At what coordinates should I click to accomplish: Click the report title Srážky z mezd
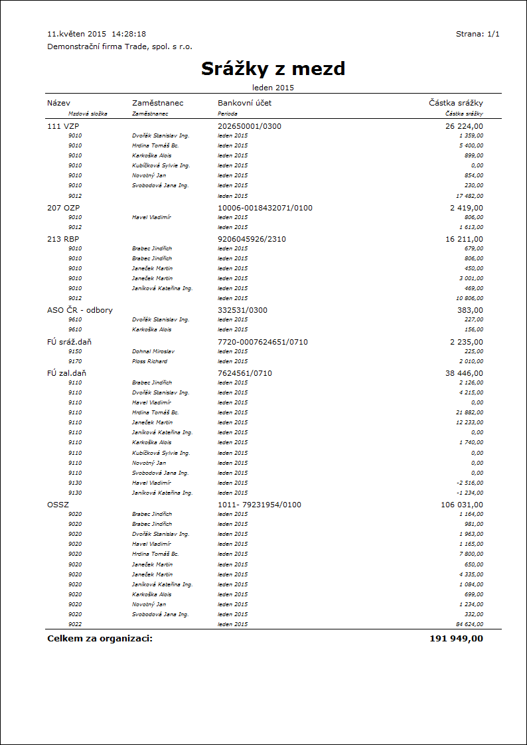point(273,69)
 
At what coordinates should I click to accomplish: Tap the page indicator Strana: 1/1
point(477,34)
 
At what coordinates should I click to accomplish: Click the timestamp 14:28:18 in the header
point(129,34)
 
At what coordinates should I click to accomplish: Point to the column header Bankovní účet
point(244,103)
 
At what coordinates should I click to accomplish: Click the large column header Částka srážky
point(456,103)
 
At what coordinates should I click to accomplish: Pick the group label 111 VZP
point(63,125)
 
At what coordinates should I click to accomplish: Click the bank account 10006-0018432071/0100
point(265,208)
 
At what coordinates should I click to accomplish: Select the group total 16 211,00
point(464,239)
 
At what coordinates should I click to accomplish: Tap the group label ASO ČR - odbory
point(80,310)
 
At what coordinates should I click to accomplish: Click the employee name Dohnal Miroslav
point(149,351)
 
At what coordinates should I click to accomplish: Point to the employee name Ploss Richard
point(149,361)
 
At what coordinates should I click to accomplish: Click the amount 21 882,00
point(469,412)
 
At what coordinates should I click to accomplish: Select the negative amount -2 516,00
point(469,483)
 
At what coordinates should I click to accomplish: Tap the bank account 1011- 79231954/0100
point(260,505)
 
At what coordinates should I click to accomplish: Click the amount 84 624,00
point(469,624)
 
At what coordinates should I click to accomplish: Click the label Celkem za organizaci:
point(100,639)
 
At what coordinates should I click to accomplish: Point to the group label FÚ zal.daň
point(66,373)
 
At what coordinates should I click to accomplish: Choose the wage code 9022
point(75,624)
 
